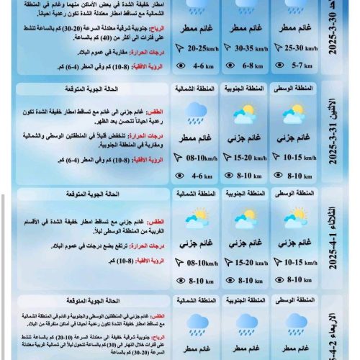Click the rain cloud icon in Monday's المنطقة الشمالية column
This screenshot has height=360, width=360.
(196, 111)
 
